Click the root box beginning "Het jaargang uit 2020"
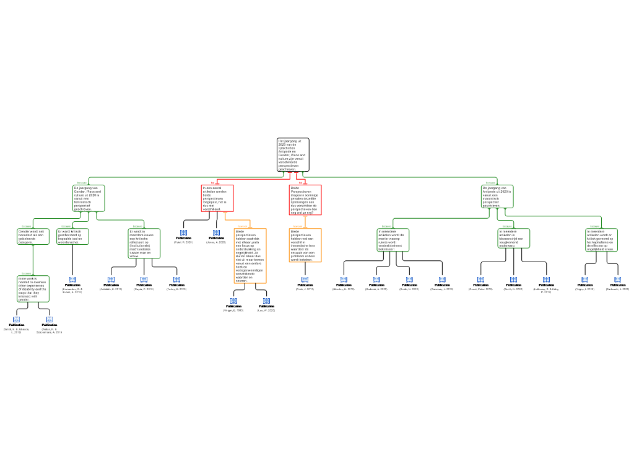point(293,154)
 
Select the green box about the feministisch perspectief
point(89,198)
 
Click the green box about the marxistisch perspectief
point(497,196)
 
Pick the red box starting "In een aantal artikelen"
point(217,198)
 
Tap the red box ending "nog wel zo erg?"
point(305,200)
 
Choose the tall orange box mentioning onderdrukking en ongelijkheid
point(250,255)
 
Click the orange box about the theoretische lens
point(305,245)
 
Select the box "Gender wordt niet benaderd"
point(33,236)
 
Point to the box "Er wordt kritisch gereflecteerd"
point(72,236)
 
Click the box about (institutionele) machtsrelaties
point(144,243)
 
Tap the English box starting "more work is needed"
point(33,289)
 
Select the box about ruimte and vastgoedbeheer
point(393,239)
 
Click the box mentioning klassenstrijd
point(514,238)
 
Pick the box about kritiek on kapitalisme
point(601,240)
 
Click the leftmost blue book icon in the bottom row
point(17,320)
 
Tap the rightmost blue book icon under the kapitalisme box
point(617,280)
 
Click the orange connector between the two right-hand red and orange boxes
point(305,221)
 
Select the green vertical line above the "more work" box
point(33,260)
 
